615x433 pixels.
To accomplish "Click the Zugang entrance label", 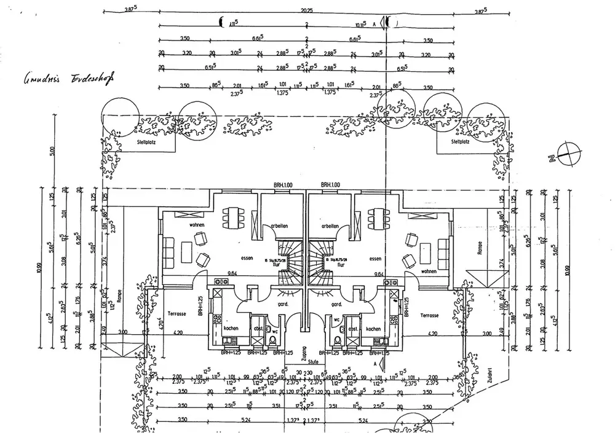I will pyautogui.click(x=303, y=352).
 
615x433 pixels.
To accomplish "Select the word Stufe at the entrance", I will pyautogui.click(x=313, y=362).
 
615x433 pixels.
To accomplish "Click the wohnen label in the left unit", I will pyautogui.click(x=197, y=225).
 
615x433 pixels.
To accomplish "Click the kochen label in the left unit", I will pyautogui.click(x=231, y=329).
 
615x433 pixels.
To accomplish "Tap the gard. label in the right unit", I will pyautogui.click(x=336, y=305).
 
